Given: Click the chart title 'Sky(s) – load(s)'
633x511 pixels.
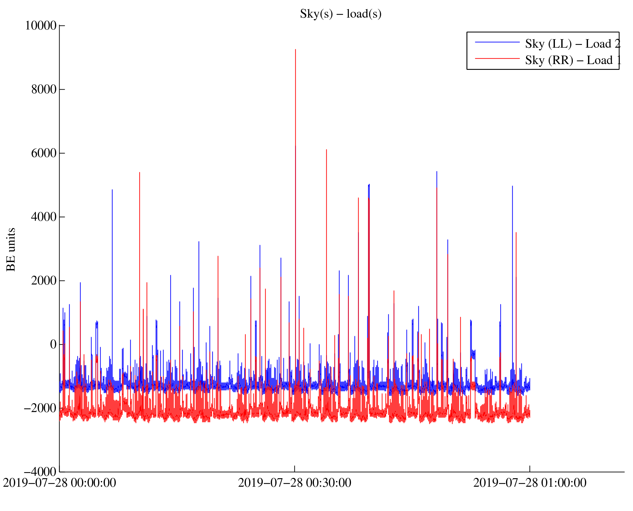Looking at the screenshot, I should click(340, 14).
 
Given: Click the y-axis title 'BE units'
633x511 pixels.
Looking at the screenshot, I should click(11, 249).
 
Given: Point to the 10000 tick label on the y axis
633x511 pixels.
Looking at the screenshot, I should click(41, 26).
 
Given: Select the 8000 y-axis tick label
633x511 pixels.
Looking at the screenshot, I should click(44, 89).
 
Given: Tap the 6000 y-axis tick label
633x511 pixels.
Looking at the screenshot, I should click(44, 153).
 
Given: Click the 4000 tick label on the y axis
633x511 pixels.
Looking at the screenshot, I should click(44, 217).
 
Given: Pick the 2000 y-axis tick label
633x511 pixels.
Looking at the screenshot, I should click(44, 281).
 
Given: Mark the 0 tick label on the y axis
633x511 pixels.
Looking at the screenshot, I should click(53, 344).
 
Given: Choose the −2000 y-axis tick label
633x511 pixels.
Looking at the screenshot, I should click(40, 408).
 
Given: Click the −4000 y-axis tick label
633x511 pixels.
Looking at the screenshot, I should click(40, 472).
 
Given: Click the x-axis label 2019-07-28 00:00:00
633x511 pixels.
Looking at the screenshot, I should click(60, 483).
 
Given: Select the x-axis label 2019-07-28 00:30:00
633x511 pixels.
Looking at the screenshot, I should click(294, 483).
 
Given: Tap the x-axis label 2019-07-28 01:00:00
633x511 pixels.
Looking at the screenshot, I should click(530, 483).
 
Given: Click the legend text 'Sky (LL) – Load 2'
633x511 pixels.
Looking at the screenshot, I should click(573, 44).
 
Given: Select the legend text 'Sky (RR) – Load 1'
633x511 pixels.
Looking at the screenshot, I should click(573, 60).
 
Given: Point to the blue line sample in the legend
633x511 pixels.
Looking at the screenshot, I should click(497, 42).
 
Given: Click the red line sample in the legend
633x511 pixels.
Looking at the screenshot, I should click(497, 58).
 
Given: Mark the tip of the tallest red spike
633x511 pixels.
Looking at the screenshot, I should click(295, 49).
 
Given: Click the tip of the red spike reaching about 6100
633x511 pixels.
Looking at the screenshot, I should click(326, 150).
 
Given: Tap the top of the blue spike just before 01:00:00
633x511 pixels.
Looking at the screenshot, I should click(512, 186).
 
